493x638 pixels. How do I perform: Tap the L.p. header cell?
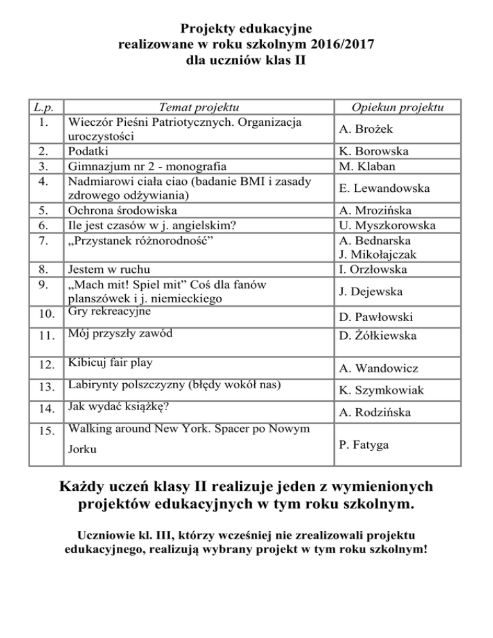coord(44,107)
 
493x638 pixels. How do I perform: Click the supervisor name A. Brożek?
coord(366,130)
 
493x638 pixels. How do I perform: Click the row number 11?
coord(44,334)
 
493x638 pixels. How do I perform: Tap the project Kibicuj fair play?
coord(110,363)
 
